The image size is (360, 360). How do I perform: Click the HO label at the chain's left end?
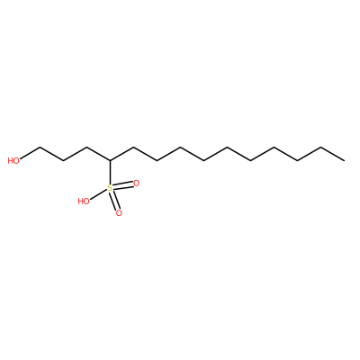pyautogui.click(x=13, y=161)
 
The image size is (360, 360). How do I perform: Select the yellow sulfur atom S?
pyautogui.click(x=110, y=188)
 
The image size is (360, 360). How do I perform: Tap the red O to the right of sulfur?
pyautogui.click(x=137, y=184)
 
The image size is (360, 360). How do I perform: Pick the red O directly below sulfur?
pyautogui.click(x=119, y=213)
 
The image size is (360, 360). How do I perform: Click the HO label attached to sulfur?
pyautogui.click(x=84, y=201)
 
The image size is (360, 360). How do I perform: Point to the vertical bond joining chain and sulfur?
pyautogui.click(x=110, y=172)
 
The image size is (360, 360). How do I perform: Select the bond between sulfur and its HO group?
pyautogui.click(x=98, y=194)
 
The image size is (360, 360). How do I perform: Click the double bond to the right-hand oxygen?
pyautogui.click(x=123, y=185)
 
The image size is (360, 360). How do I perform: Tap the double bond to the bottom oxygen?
pyautogui.click(x=114, y=201)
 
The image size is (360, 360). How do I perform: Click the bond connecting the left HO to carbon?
pyautogui.click(x=30, y=154)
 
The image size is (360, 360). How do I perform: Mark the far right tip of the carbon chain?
pyautogui.click(x=345, y=161)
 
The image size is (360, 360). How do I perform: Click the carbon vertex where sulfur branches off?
pyautogui.click(x=110, y=161)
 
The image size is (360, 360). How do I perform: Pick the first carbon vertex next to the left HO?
pyautogui.click(x=40, y=148)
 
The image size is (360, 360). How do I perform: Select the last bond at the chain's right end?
pyautogui.click(x=333, y=154)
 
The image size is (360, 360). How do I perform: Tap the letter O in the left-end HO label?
pyautogui.click(x=16, y=161)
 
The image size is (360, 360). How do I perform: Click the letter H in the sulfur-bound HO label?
pyautogui.click(x=81, y=201)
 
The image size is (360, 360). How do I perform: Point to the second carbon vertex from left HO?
pyautogui.click(x=63, y=161)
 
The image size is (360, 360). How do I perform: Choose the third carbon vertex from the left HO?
pyautogui.click(x=86, y=148)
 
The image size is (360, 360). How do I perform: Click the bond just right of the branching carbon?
pyautogui.click(x=121, y=154)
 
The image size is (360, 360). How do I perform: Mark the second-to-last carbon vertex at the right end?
pyautogui.click(x=321, y=148)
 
